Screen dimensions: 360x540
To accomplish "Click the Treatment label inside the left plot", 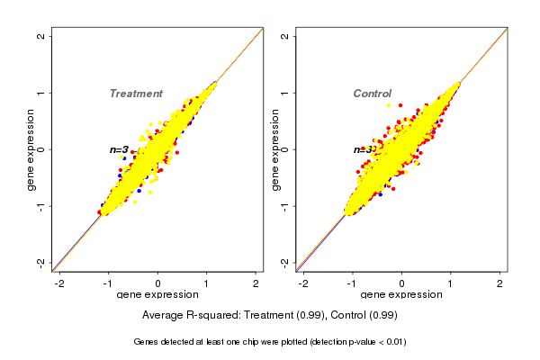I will point(136,94).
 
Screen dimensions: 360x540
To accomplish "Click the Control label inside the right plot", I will point(372,94).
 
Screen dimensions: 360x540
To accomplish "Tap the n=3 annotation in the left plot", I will point(120,149).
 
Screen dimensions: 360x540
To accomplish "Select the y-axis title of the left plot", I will point(31,149).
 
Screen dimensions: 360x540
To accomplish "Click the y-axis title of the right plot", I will point(275,149).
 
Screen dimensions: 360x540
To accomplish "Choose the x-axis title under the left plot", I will point(158,295).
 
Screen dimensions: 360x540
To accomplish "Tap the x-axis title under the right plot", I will point(402,295).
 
